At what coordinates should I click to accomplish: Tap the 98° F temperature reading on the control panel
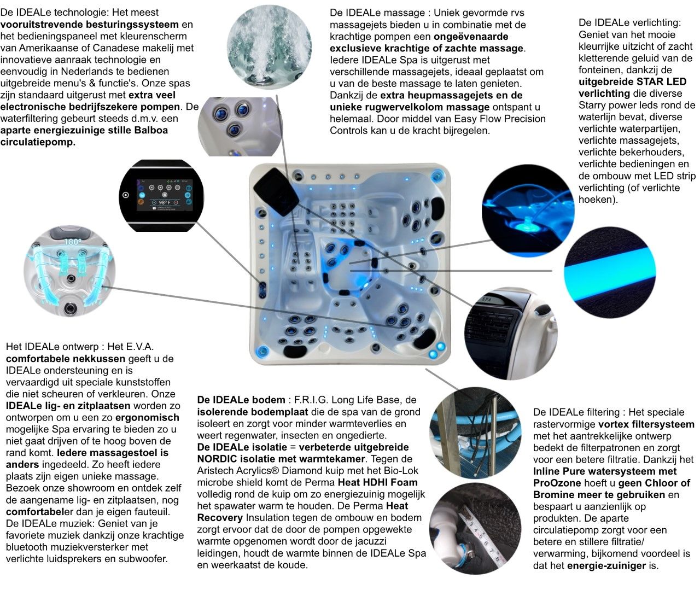pyautogui.click(x=165, y=202)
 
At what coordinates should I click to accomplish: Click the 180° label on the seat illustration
pyautogui.click(x=73, y=242)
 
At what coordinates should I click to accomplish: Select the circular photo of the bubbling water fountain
pyautogui.click(x=269, y=47)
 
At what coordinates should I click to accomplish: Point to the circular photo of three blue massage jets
pyautogui.click(x=240, y=127)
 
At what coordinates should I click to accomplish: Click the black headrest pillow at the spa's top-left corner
pyautogui.click(x=276, y=192)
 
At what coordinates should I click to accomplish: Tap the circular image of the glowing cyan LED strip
pyautogui.click(x=610, y=272)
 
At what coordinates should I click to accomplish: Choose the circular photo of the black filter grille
pyautogui.click(x=510, y=333)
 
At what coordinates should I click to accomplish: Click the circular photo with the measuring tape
pyautogui.click(x=475, y=529)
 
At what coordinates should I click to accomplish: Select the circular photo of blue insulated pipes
pyautogui.click(x=475, y=433)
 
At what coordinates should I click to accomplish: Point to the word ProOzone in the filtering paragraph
pyautogui.click(x=557, y=483)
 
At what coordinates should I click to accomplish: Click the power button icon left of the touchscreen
pyautogui.click(x=126, y=195)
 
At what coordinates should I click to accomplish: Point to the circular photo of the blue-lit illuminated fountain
pyautogui.click(x=528, y=211)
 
